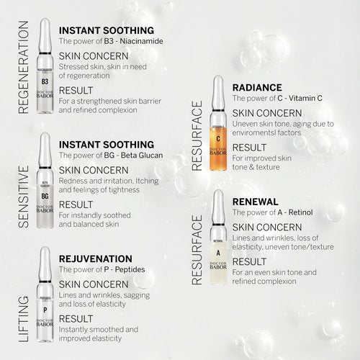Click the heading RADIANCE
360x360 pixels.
click(257, 87)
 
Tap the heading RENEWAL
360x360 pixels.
click(256, 202)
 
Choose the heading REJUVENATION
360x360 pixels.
click(95, 258)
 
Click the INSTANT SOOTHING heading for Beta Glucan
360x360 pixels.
click(106, 144)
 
